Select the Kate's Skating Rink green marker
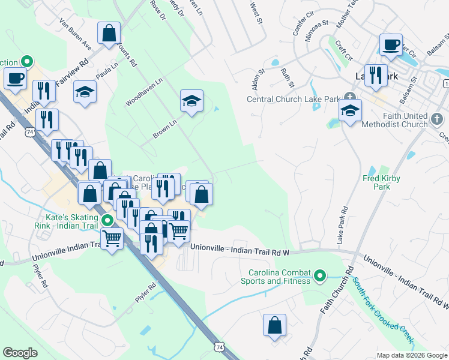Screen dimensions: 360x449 coord(107,220)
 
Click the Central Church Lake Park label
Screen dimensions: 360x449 coord(293,99)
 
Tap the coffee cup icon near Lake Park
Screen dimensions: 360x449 coord(391,44)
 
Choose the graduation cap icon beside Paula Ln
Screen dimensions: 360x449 coord(85,92)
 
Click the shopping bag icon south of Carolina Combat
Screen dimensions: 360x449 coord(274,325)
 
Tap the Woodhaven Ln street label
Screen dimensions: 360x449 coord(144,92)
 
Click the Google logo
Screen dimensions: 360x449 coord(20,353)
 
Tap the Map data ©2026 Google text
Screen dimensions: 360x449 coord(412,355)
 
